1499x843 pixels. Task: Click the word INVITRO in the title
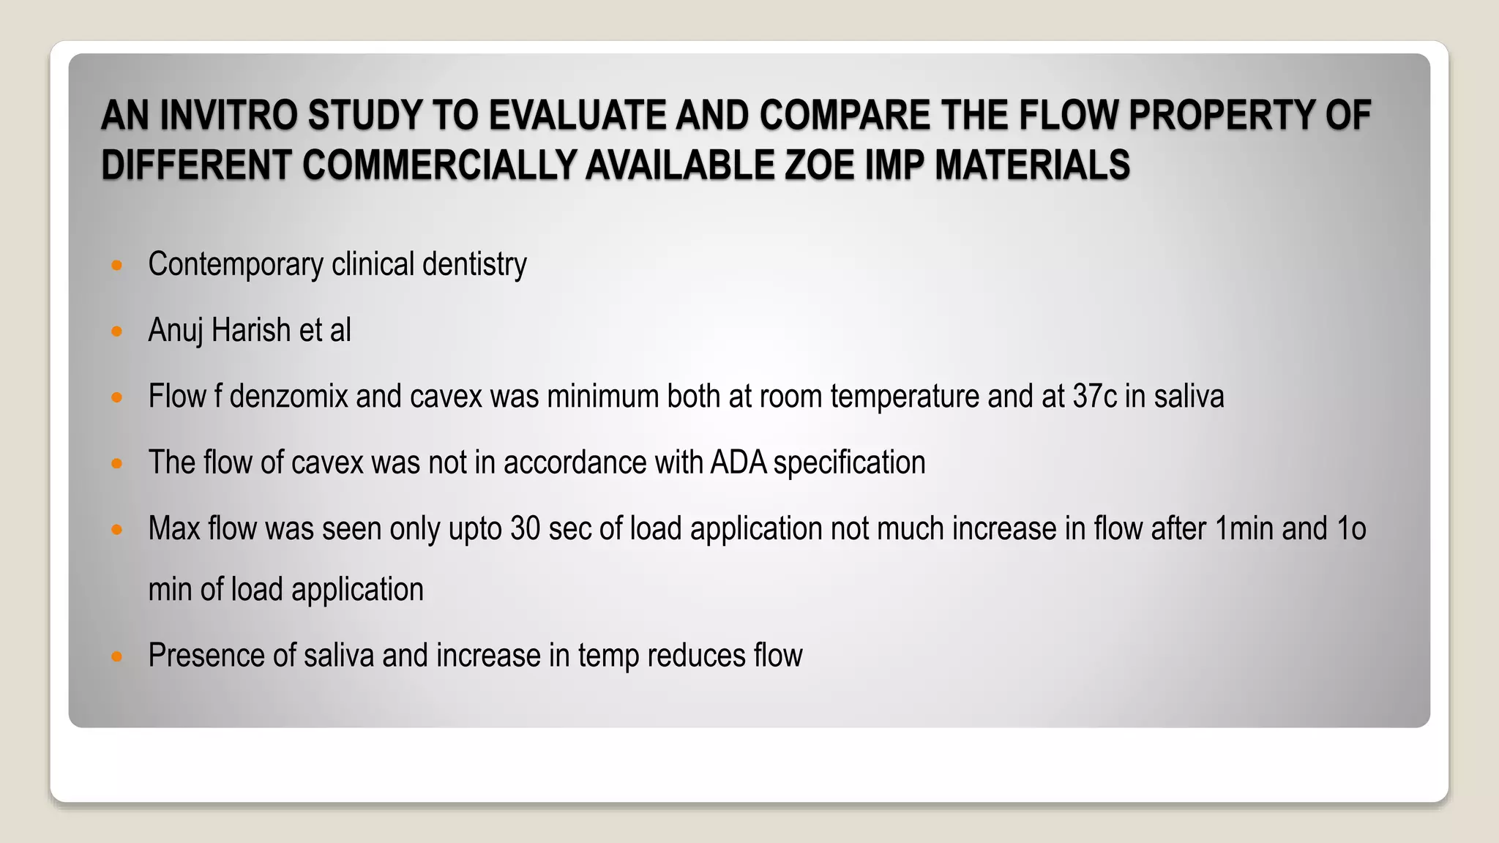[228, 116]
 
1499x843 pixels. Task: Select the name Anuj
[176, 331]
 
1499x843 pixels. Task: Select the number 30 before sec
[525, 529]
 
